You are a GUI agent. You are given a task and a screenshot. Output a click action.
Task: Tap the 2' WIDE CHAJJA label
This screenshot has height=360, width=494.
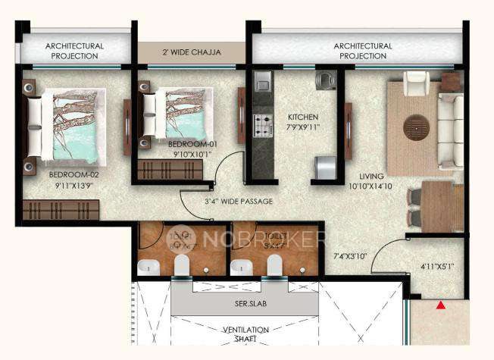click(x=192, y=52)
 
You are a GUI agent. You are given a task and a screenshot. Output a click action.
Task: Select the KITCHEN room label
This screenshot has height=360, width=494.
click(x=302, y=117)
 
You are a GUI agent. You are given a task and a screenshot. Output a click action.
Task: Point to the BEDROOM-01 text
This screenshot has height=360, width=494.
click(x=192, y=144)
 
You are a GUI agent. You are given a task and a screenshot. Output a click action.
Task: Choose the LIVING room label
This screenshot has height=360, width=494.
click(x=363, y=175)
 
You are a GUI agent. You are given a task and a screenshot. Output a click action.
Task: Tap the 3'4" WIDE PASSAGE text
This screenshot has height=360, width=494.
click(x=238, y=201)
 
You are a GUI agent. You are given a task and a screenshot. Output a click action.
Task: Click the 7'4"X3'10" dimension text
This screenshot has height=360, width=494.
click(x=349, y=257)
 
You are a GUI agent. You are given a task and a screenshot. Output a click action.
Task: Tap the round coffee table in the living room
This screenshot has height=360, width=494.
click(x=416, y=127)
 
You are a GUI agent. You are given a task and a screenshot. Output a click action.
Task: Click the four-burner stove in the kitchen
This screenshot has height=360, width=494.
click(x=263, y=124)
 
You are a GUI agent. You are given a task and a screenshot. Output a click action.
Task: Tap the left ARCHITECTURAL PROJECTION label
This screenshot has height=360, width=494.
click(x=74, y=51)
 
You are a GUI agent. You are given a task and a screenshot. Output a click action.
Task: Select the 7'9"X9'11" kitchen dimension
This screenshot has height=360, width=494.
click(x=303, y=128)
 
